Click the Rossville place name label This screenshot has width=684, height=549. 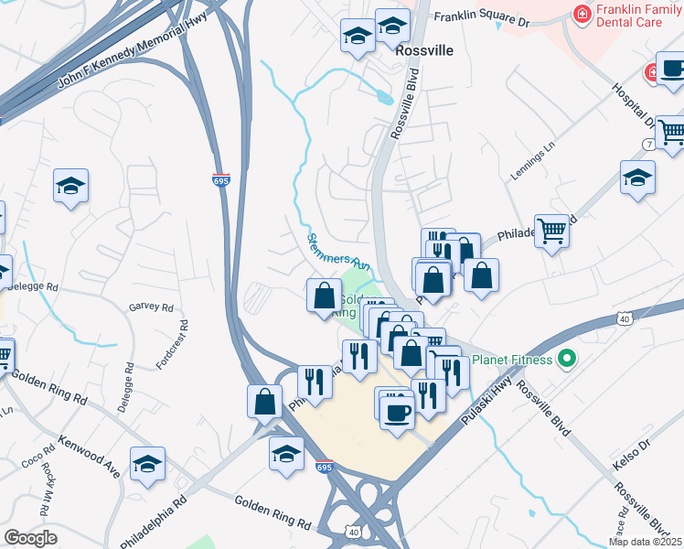(x=423, y=52)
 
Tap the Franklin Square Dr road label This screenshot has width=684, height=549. (x=481, y=17)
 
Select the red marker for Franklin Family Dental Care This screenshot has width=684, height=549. (x=580, y=13)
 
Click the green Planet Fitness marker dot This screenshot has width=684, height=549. (x=566, y=360)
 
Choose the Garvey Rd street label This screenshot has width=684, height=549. (x=151, y=308)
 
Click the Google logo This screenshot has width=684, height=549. (x=30, y=537)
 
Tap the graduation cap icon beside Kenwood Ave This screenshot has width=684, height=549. (x=147, y=463)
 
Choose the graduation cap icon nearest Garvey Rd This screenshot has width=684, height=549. (x=70, y=187)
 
